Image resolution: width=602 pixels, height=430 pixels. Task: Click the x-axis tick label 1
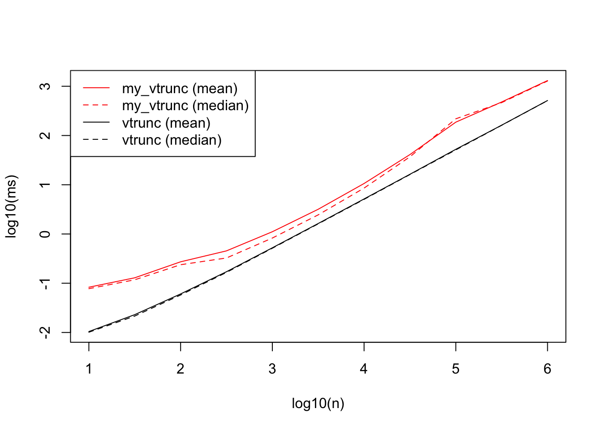(89, 369)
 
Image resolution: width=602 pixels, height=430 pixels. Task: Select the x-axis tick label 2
(181, 369)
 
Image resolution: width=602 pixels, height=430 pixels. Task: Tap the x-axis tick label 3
(272, 369)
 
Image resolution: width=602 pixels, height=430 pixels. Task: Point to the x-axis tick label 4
(364, 369)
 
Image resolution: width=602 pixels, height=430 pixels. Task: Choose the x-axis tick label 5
(456, 369)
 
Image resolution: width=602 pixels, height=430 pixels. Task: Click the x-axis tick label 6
(547, 369)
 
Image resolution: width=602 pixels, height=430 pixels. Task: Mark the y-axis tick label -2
(45, 332)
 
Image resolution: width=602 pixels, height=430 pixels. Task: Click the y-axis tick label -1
(45, 283)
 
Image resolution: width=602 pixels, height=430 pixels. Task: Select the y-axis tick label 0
(45, 234)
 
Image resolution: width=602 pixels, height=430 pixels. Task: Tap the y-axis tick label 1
(45, 185)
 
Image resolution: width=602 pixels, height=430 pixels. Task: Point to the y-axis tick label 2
(45, 135)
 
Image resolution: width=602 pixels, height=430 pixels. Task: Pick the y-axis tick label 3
(45, 86)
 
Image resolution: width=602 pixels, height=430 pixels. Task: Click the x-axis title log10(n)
(318, 404)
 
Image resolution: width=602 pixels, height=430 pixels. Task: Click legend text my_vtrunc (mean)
(180, 89)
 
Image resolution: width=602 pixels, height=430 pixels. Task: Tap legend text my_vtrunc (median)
(185, 106)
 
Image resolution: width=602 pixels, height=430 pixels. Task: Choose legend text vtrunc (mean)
(166, 123)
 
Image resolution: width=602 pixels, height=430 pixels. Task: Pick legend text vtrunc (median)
(172, 140)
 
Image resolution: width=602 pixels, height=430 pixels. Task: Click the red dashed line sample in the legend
(96, 105)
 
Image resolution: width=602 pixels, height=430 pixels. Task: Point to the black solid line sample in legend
(96, 122)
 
